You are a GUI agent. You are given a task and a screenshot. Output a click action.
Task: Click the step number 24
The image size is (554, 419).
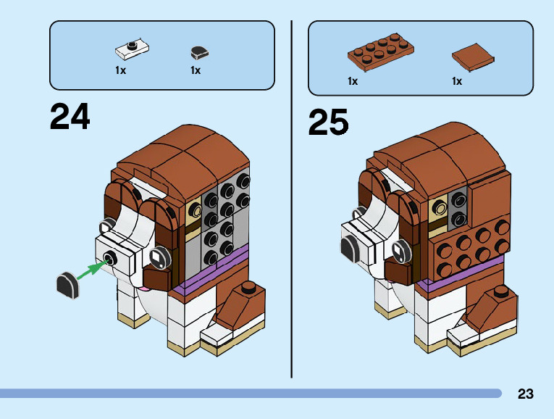tap(70, 117)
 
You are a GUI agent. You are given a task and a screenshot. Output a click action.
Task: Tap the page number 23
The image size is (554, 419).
tap(526, 394)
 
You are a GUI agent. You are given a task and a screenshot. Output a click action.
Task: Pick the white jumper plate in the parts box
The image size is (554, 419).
tap(133, 49)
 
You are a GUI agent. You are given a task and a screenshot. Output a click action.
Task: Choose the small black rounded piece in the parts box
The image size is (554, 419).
tap(198, 52)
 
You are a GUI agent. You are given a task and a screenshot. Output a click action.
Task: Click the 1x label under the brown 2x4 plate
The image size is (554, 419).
tap(353, 81)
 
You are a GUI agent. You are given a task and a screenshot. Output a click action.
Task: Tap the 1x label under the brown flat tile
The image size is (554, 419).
tap(457, 81)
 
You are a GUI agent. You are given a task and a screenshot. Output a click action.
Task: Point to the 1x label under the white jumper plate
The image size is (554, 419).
tap(121, 70)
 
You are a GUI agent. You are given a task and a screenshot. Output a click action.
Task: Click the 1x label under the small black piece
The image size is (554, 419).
tap(196, 70)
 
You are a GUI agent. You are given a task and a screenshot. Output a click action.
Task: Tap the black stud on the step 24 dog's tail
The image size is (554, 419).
tap(248, 286)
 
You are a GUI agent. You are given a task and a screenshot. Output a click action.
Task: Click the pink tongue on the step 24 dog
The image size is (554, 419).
tap(144, 289)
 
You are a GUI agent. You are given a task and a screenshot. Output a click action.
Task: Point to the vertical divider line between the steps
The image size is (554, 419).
tap(292, 196)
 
